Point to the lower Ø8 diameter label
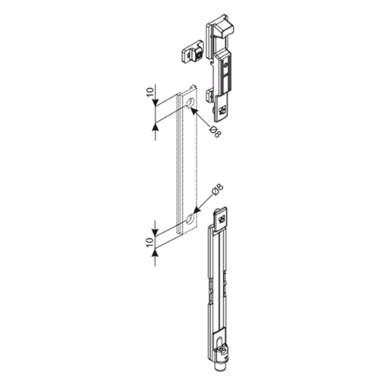click(x=218, y=190)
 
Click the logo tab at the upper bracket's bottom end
click(x=222, y=110)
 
